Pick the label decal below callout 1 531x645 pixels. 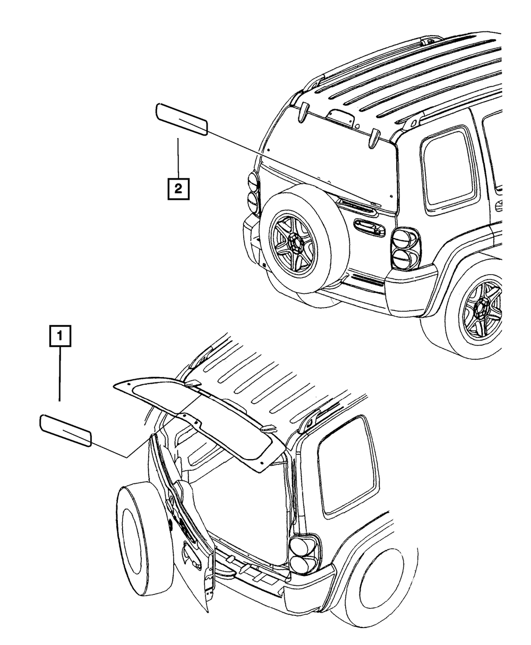[x=65, y=430]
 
